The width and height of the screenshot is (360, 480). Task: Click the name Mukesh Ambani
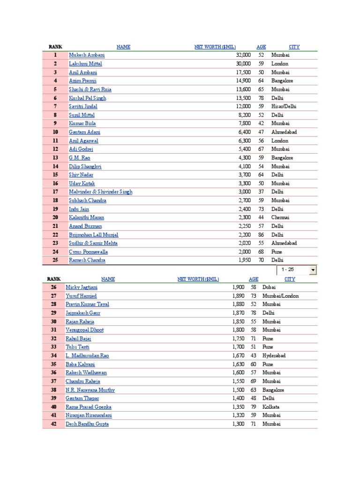(x=87, y=55)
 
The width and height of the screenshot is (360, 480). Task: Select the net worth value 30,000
(x=243, y=64)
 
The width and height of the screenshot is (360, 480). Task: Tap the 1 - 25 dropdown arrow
(x=313, y=270)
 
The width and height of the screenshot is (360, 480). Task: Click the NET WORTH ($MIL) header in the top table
(x=215, y=47)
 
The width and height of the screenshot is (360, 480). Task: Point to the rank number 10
(x=55, y=132)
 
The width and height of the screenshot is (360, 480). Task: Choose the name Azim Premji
(x=82, y=81)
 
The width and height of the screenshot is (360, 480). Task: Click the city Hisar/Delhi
(x=284, y=106)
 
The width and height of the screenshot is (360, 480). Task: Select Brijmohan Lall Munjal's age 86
(x=261, y=234)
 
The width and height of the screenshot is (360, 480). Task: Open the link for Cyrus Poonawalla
(x=88, y=252)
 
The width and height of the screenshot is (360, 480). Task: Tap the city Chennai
(x=280, y=217)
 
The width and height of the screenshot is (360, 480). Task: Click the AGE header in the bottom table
(x=254, y=279)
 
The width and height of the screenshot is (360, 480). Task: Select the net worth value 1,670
(x=239, y=356)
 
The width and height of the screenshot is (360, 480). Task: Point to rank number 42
(x=53, y=424)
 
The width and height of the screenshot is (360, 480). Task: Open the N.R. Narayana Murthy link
(x=90, y=390)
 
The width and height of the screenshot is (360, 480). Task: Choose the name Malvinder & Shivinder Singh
(x=100, y=192)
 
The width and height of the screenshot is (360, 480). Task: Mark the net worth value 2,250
(x=243, y=226)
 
